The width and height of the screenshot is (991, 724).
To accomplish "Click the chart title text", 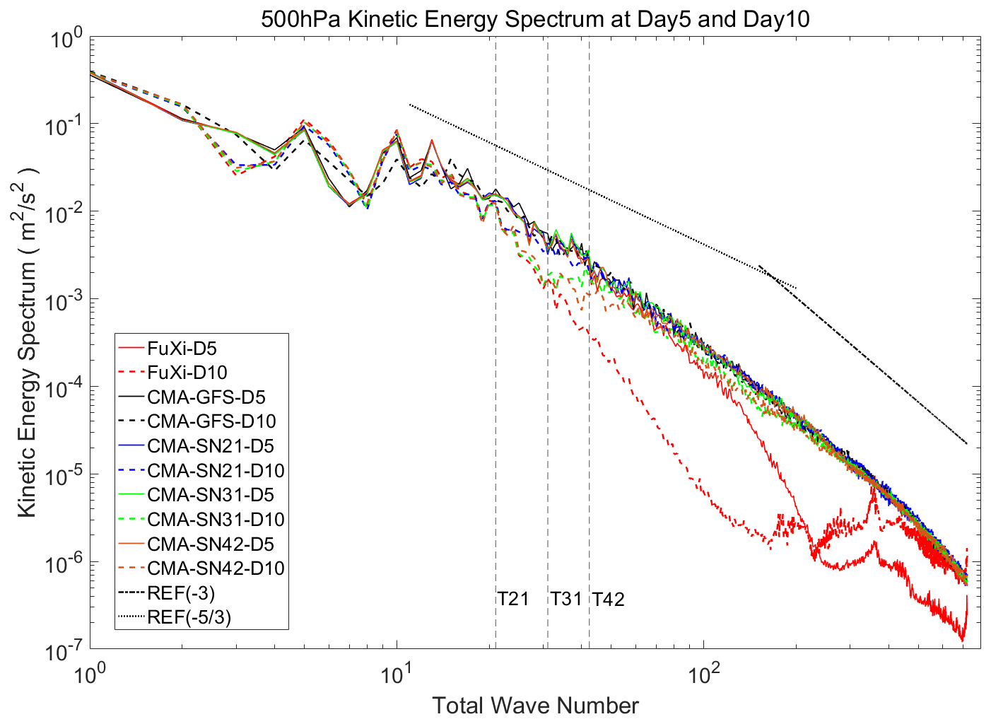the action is (x=535, y=20).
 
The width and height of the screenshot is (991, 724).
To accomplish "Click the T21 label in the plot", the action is (x=513, y=599).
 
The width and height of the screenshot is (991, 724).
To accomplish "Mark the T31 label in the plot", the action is (x=566, y=599).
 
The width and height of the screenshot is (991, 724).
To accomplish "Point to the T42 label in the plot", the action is (x=609, y=599).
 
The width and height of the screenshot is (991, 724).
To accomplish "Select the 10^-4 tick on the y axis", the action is (x=63, y=389).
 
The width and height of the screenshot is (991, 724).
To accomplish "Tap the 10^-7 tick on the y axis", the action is (x=63, y=651).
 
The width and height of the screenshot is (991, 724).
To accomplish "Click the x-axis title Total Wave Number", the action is (x=535, y=706).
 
